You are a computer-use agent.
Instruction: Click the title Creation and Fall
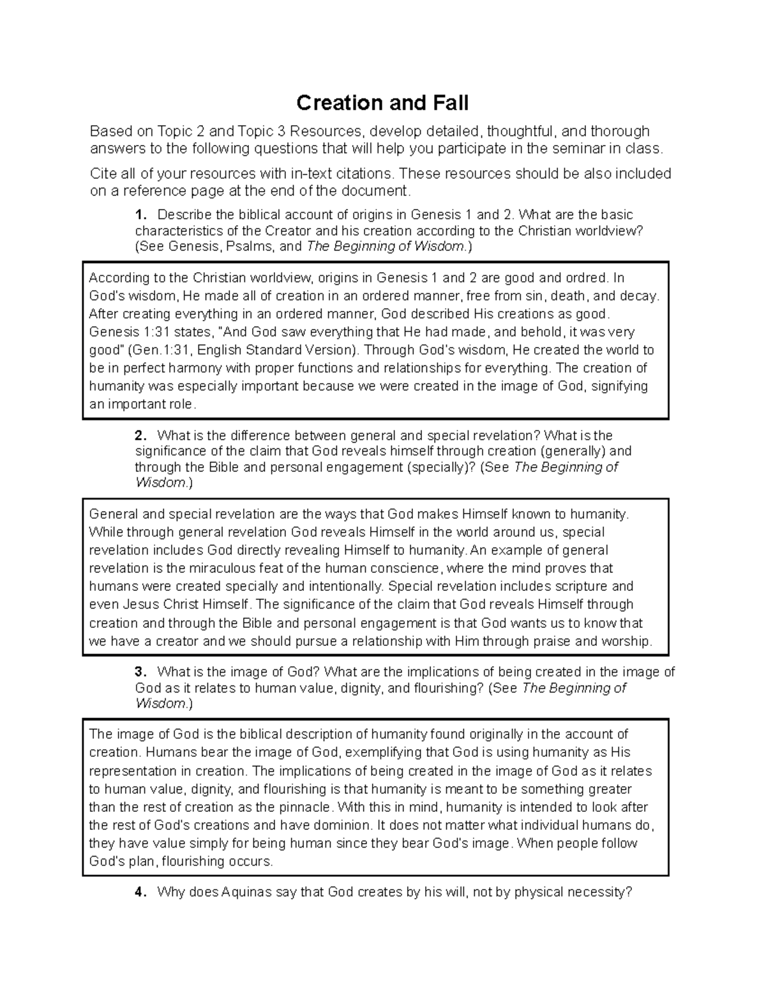click(x=382, y=103)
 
